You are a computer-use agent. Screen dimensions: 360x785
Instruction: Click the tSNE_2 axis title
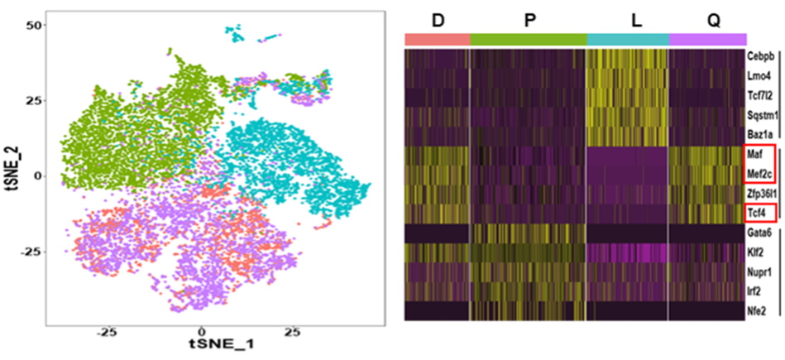(14, 175)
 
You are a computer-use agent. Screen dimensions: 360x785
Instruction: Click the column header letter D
(437, 18)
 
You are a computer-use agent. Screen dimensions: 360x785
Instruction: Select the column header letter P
(529, 18)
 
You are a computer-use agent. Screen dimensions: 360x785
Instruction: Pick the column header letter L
(635, 18)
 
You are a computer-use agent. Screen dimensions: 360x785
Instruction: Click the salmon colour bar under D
(437, 39)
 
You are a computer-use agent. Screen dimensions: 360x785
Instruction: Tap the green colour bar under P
(528, 39)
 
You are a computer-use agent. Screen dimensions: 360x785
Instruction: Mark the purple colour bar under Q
(707, 39)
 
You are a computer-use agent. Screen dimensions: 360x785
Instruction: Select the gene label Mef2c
(759, 173)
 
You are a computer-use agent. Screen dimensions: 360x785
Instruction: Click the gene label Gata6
(760, 233)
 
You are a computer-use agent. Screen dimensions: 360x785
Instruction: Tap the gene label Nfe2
(759, 310)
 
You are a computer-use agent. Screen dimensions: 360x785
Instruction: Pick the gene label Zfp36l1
(760, 193)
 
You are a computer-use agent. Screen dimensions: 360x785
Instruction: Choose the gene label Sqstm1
(760, 116)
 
